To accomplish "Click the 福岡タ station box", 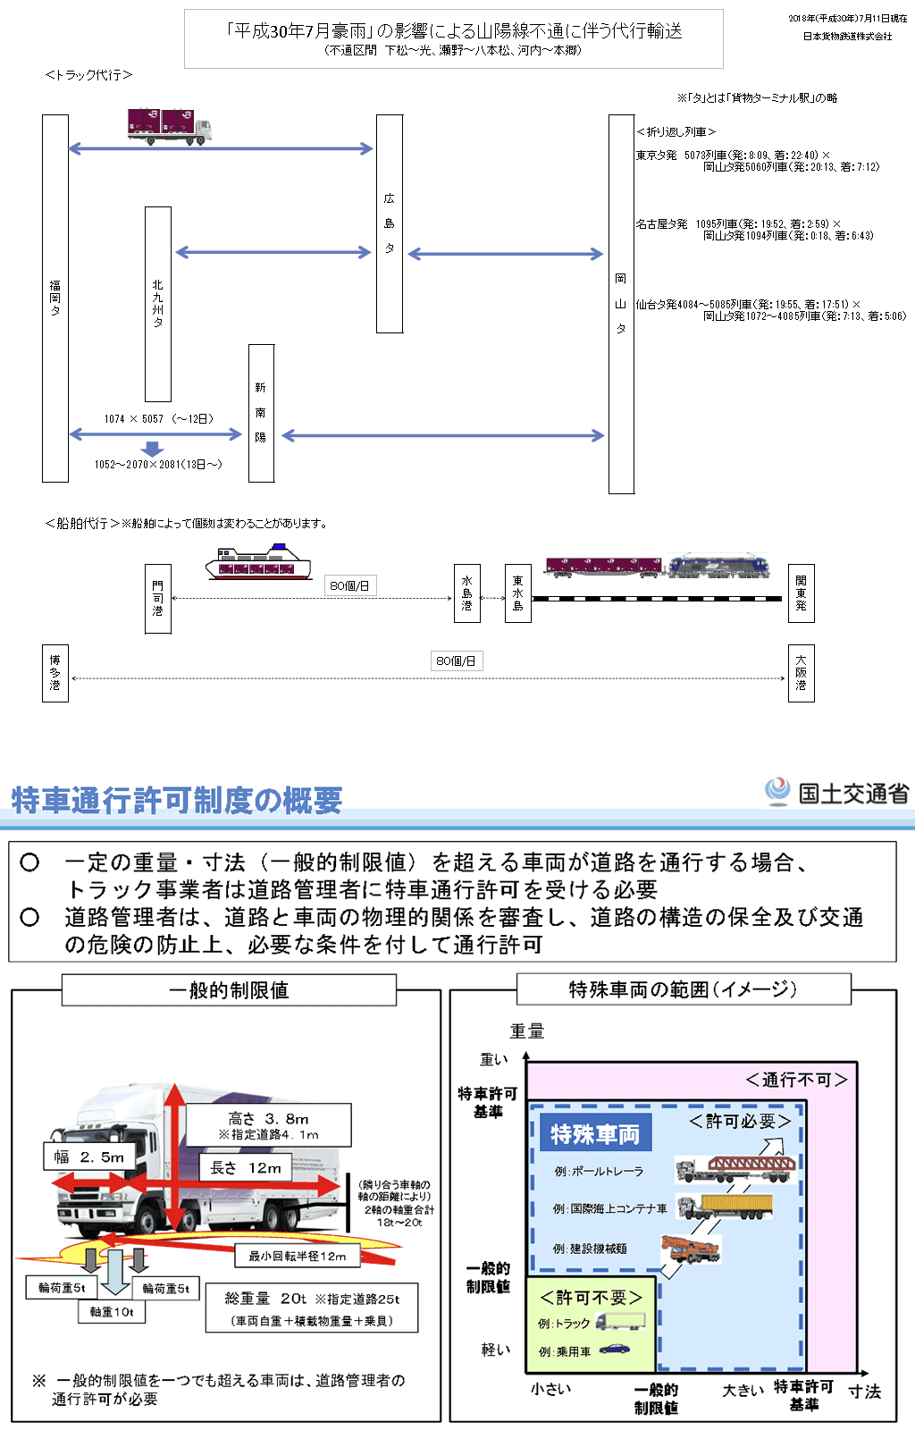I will pos(55,298).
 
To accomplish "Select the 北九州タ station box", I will pos(158,304).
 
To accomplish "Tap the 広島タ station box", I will pos(390,223).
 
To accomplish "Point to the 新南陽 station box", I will pos(261,413).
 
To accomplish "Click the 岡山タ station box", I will pos(621,304).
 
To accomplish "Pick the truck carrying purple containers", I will pos(169,126).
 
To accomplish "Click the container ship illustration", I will pos(258,563).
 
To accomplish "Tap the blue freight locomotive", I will pos(719,565).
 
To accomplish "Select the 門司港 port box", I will pos(158,599).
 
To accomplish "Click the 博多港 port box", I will pos(55,673).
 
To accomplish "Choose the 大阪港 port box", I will pos(801,673).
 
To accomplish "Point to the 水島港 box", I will pos(467,593).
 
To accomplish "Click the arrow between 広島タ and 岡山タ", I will pos(506,254).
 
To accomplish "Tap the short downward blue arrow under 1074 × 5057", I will pos(153,449).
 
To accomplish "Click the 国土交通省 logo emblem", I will pos(777,791).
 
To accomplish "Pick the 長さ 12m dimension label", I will pos(246,1167).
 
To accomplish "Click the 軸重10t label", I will pos(112,1311).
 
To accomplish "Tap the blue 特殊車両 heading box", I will pos(595,1133).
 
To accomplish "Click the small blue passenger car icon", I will pos(614,1349).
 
